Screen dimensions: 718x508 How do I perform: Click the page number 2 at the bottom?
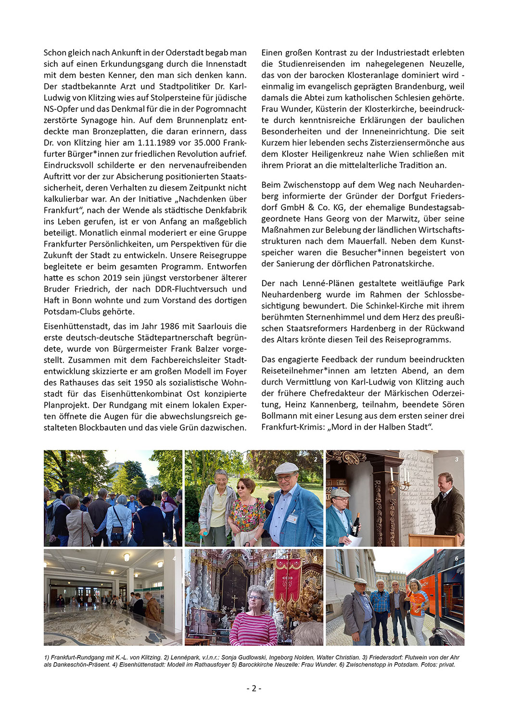(254, 688)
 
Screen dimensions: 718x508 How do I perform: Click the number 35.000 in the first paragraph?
(208, 143)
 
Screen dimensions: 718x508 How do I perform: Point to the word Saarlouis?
(216, 326)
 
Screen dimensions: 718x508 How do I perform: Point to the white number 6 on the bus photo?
(457, 558)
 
